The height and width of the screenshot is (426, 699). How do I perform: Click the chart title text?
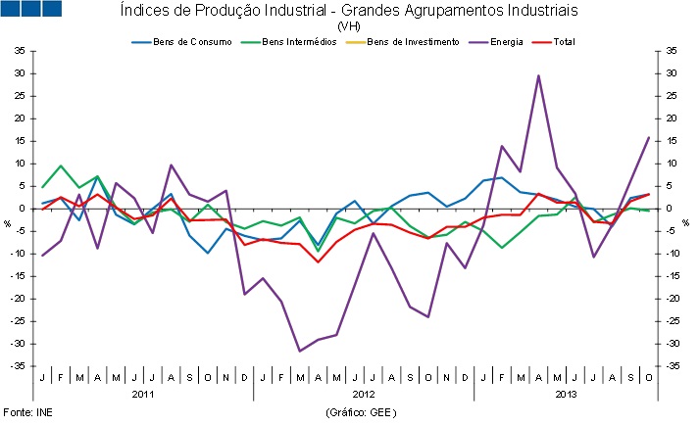coord(348,11)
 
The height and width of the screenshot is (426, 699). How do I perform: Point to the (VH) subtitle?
coord(348,26)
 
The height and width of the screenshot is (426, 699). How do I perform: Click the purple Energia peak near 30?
coord(538,75)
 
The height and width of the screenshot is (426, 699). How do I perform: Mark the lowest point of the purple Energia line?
coord(300,351)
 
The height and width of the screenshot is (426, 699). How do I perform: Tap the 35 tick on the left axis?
coord(20,51)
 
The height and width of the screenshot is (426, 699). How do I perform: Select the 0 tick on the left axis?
coord(23,209)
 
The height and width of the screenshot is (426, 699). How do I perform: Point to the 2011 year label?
coord(143,393)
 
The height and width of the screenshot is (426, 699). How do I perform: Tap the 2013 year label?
coord(566,393)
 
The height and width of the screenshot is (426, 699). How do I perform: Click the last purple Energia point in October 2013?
coord(649,137)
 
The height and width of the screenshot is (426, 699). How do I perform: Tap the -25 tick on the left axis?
coord(20,321)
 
